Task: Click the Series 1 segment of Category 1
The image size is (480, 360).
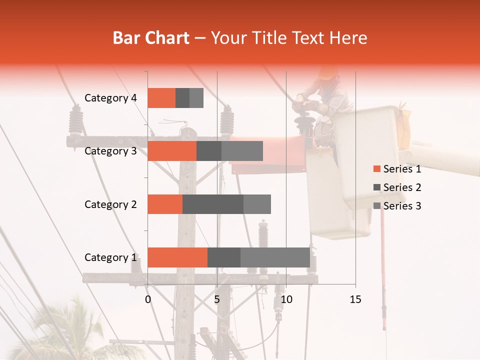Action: click(x=177, y=257)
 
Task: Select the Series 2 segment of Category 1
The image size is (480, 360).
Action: click(x=224, y=257)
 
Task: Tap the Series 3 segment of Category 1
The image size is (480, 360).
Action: click(x=275, y=257)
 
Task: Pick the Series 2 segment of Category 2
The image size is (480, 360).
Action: click(x=213, y=204)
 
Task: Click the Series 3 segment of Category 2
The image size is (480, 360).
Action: click(x=257, y=204)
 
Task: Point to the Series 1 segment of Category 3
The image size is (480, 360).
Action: click(x=172, y=151)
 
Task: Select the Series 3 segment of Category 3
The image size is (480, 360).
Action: click(x=242, y=151)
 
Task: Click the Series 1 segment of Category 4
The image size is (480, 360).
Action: click(x=161, y=98)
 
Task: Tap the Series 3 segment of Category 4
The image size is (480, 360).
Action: click(x=196, y=98)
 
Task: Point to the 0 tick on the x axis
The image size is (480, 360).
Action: click(x=148, y=299)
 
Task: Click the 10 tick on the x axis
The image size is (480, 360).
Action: click(x=286, y=299)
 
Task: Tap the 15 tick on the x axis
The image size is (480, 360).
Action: click(x=355, y=299)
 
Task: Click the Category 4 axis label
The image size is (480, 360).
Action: click(x=110, y=98)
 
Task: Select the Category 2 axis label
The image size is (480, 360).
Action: click(x=110, y=204)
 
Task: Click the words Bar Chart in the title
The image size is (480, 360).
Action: click(x=151, y=37)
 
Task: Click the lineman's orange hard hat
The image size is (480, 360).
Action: click(x=327, y=73)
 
